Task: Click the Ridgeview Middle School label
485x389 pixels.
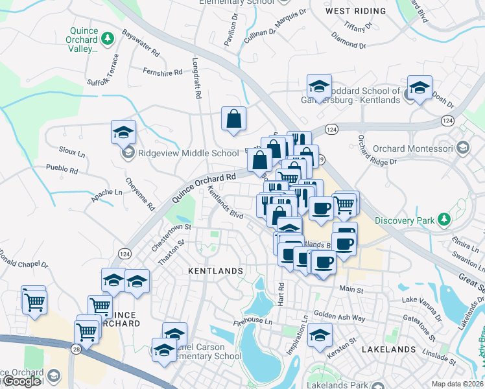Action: click(x=180, y=153)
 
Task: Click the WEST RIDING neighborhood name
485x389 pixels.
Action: click(x=355, y=11)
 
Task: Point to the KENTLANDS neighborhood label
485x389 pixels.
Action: click(x=215, y=270)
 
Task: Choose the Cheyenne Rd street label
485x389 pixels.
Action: click(x=140, y=194)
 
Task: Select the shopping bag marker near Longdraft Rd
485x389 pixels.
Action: click(x=233, y=119)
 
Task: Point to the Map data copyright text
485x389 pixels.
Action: click(x=458, y=384)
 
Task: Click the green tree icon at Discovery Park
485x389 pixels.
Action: click(x=444, y=220)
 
